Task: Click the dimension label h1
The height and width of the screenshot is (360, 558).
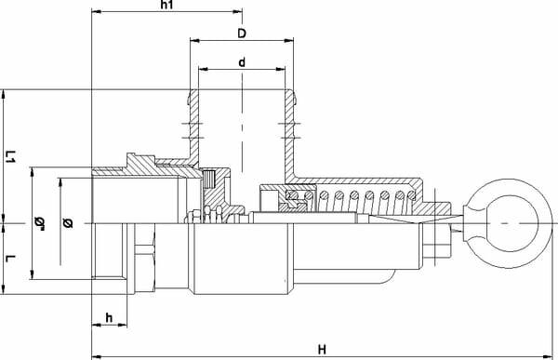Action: point(166,5)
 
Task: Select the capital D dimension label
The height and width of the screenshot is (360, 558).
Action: point(242,33)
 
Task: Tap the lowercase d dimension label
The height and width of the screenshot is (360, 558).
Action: point(242,62)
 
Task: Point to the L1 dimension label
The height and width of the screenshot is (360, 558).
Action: point(10,156)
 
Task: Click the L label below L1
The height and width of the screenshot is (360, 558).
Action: point(10,259)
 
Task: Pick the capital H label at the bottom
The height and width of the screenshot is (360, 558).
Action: point(322,350)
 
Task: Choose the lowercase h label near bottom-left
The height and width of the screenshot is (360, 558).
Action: point(109,317)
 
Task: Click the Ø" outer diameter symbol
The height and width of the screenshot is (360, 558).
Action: point(40,223)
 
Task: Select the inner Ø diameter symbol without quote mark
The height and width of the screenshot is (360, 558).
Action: point(68,223)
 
